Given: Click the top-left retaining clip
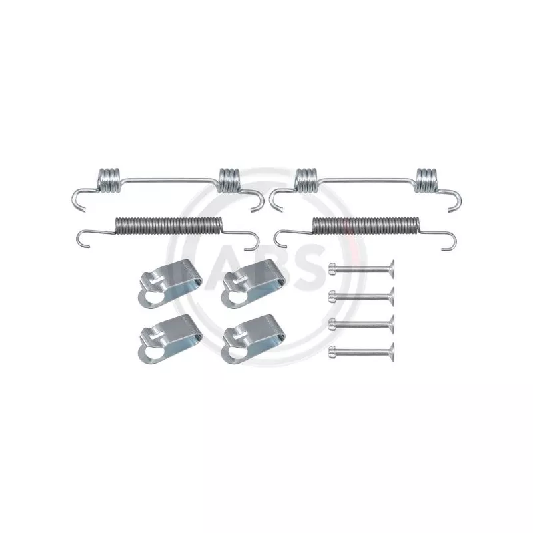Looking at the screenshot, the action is [x=170, y=284].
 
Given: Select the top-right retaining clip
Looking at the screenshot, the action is [x=253, y=284].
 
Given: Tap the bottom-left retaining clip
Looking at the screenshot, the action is [x=170, y=339].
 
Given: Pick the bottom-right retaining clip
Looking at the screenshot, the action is [x=253, y=339].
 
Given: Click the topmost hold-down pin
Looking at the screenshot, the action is [x=361, y=269].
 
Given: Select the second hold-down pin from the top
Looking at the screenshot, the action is [x=361, y=296].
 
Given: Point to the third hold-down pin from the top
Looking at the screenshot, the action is [x=361, y=324].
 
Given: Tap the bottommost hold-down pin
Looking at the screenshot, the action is [x=361, y=352].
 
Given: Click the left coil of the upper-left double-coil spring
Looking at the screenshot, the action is [x=109, y=180].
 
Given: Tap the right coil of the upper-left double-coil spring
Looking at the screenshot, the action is [x=229, y=179].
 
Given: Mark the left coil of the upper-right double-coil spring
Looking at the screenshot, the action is [x=306, y=179].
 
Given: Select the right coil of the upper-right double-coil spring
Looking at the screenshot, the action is [x=426, y=179].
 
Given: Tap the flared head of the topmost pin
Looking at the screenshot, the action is [x=392, y=269].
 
